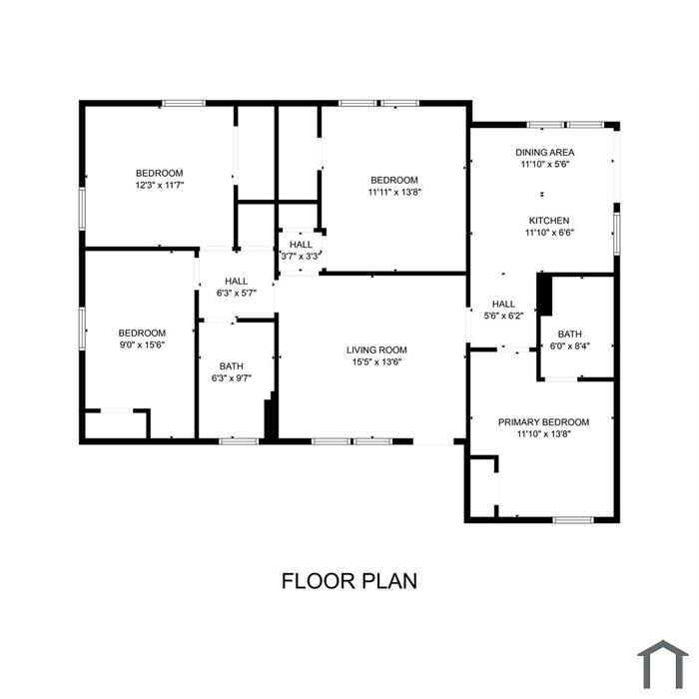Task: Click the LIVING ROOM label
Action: click(x=376, y=349)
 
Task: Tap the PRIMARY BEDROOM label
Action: click(x=543, y=422)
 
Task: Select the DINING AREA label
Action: click(x=545, y=153)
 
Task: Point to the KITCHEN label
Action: click(x=549, y=221)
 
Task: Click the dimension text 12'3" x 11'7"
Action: click(x=160, y=185)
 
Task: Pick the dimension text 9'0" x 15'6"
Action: click(x=142, y=346)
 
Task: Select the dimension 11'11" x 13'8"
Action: click(x=394, y=192)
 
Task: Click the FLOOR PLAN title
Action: click(x=349, y=581)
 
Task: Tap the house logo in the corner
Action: click(x=663, y=664)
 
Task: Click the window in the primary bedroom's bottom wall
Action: click(x=573, y=520)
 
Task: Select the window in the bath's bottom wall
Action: click(x=239, y=441)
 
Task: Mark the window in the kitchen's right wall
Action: click(x=617, y=234)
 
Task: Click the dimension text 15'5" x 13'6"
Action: click(x=376, y=361)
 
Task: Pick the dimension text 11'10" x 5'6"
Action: click(x=545, y=164)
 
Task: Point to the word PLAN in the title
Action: click(x=389, y=581)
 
